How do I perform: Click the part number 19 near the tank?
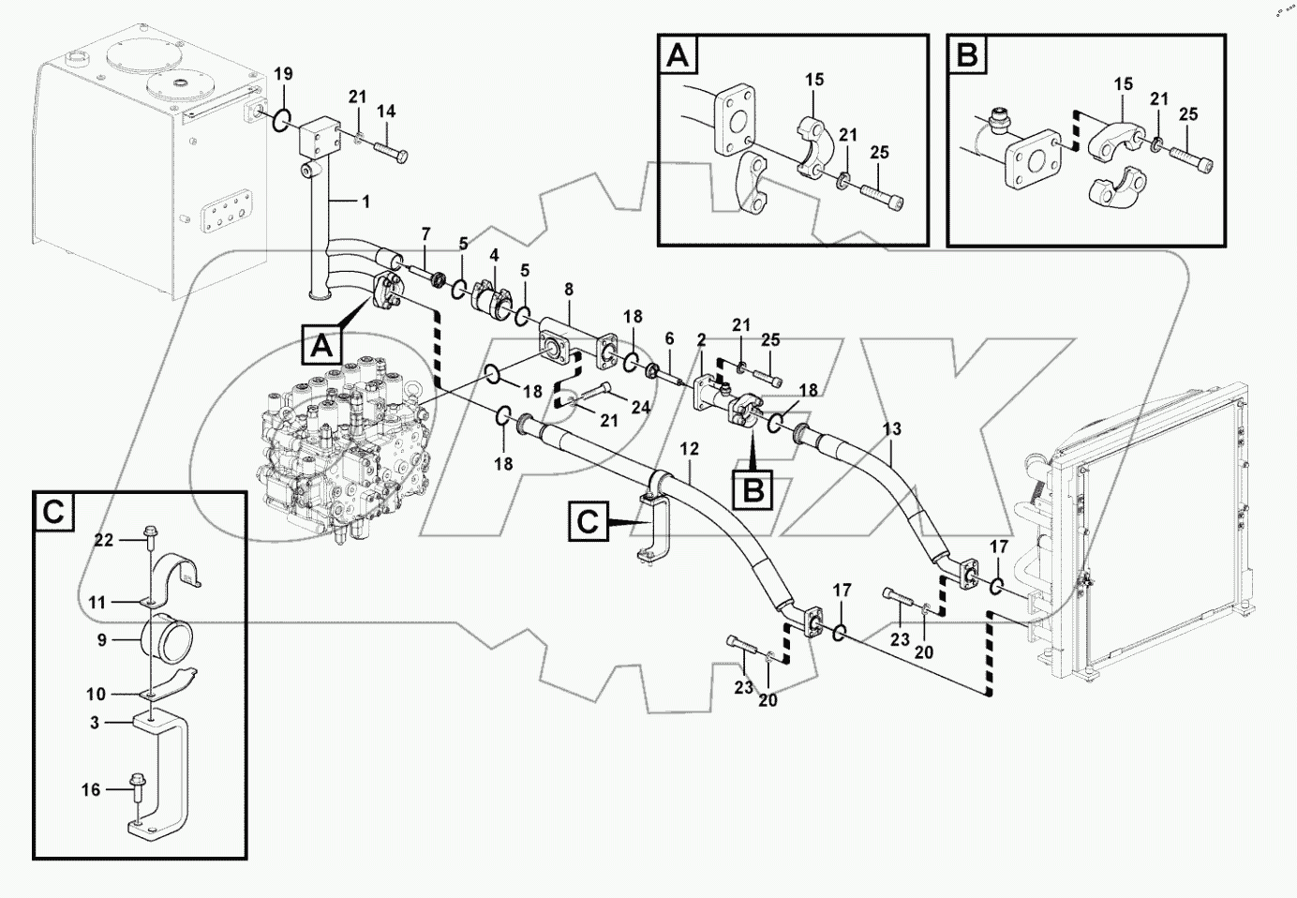tap(283, 74)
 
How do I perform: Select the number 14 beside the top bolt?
tap(386, 112)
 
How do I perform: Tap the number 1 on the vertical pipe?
tap(365, 202)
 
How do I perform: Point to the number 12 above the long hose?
tap(690, 449)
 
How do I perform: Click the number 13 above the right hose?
tap(891, 429)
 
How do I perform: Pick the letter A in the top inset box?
tap(678, 56)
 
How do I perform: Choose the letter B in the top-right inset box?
tap(966, 56)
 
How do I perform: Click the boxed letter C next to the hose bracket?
tap(588, 521)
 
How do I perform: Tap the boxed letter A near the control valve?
tap(321, 346)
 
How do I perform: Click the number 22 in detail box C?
tap(104, 540)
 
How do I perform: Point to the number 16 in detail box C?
tap(90, 790)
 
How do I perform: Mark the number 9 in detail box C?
tap(102, 641)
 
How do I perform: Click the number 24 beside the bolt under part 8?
tap(640, 408)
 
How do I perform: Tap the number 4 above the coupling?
tap(494, 255)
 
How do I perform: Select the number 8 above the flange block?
tap(568, 292)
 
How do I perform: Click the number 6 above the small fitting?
tap(669, 337)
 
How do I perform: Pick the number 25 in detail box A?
tap(878, 152)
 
